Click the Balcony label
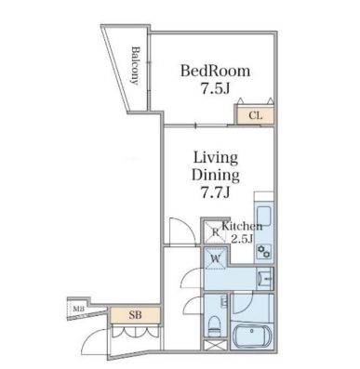[135, 65]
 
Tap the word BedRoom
[215, 71]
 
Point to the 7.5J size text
[215, 89]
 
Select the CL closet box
[255, 116]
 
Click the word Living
[216, 158]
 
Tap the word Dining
[216, 176]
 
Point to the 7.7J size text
[216, 193]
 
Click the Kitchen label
[242, 226]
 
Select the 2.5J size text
[242, 239]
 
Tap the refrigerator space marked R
[215, 231]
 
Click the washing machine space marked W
[215, 258]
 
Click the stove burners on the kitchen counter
[264, 251]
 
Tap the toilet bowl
[213, 326]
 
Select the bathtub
[252, 336]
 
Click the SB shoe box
[135, 315]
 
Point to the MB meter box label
[78, 309]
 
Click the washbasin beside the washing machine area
[264, 279]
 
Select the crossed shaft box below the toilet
[215, 345]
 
